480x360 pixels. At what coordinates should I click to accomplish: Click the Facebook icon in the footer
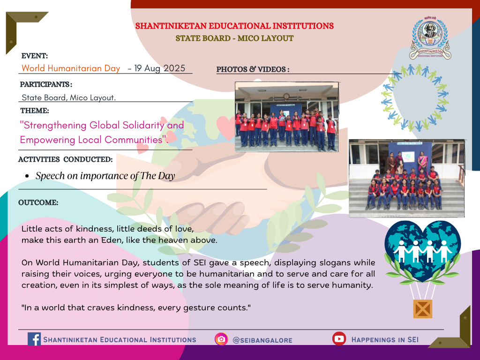(34, 339)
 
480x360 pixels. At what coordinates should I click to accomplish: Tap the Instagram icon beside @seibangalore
(221, 339)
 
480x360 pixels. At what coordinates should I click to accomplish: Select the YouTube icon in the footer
(339, 338)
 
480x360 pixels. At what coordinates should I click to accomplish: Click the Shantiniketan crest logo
(430, 38)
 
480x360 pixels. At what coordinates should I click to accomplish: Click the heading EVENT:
(35, 56)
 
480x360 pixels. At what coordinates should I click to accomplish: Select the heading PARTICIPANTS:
(46, 84)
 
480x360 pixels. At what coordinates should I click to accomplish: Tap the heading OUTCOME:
(38, 202)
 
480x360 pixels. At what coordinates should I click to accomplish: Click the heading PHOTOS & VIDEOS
(253, 69)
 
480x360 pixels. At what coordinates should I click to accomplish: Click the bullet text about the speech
(105, 176)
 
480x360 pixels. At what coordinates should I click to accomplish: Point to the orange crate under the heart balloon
(422, 309)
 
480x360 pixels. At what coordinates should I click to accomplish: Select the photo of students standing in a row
(287, 117)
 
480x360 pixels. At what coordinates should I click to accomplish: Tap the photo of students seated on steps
(406, 179)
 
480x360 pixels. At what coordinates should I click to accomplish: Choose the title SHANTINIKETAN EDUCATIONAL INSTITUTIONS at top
(234, 26)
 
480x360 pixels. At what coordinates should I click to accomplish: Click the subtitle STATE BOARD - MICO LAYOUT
(234, 38)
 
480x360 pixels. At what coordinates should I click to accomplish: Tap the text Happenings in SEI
(385, 339)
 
